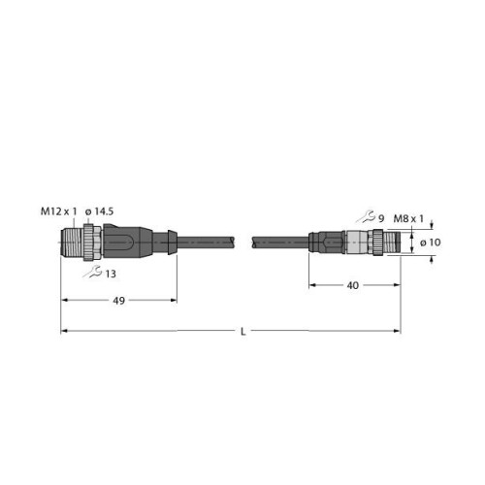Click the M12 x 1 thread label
59,211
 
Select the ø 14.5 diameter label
99,211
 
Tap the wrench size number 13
111,274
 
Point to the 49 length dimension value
119,301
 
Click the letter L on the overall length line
243,332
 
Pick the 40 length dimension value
353,285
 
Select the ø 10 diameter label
431,242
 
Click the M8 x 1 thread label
408,219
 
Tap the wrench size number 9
381,219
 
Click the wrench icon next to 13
92,272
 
